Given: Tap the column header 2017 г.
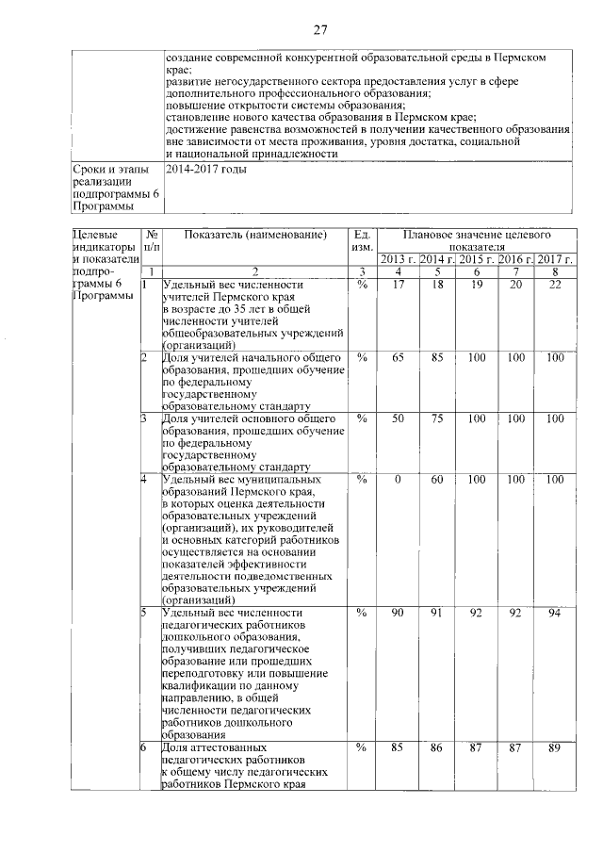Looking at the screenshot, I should (555, 259).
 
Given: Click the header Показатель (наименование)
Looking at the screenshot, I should (254, 235).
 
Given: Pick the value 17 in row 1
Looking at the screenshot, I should (399, 285).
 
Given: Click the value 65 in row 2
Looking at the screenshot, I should (399, 358).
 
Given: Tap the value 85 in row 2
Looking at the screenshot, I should (437, 358).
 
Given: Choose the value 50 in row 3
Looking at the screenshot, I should (399, 418).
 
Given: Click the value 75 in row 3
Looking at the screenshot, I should (437, 418).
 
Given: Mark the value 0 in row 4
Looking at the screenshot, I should (399, 480).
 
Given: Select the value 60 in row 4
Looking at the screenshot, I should (437, 480).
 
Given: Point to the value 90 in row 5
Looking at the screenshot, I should (399, 614).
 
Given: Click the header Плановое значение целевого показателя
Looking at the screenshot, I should (476, 240).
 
